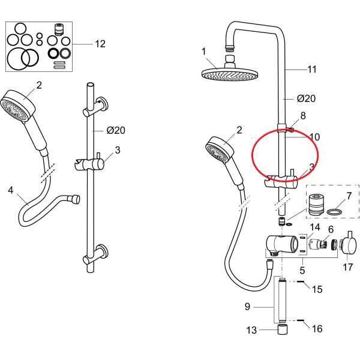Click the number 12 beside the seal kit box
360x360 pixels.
tap(100, 44)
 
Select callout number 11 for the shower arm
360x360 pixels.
tap(312, 69)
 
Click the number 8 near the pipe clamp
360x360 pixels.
tap(303, 116)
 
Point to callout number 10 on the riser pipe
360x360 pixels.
tap(314, 137)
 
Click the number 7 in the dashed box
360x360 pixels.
tap(349, 196)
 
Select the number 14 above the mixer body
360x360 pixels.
tap(315, 227)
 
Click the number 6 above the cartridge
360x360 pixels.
tap(331, 229)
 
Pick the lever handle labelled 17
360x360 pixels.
tap(349, 245)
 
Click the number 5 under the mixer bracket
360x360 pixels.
tap(302, 271)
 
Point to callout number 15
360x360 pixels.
tap(317, 289)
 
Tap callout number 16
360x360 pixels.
tap(317, 329)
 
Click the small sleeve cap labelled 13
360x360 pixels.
tap(283, 329)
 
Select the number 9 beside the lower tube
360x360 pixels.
tap(247, 307)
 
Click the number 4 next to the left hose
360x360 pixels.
tap(11, 190)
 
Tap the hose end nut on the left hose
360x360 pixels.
tap(76, 199)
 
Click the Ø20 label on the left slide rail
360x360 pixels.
tap(116, 130)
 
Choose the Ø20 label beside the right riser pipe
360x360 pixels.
tap(306, 98)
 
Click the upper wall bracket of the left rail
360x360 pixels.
tap(96, 107)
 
